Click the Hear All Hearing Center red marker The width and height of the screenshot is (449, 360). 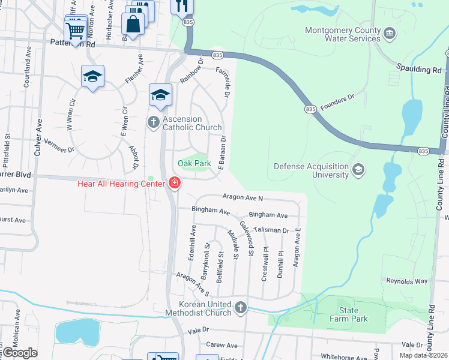point(175,183)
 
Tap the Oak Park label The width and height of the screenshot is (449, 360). point(194,163)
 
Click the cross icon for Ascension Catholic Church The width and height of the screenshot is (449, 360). point(153,122)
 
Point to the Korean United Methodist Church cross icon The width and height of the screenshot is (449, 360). point(240,308)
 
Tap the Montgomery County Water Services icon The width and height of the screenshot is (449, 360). point(390,32)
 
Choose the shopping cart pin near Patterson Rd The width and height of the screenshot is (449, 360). point(75,30)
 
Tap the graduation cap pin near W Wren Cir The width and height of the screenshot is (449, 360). point(92,77)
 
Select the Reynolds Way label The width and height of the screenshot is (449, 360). point(407,281)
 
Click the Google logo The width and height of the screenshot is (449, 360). point(20,353)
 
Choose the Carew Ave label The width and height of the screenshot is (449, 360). point(222,345)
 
